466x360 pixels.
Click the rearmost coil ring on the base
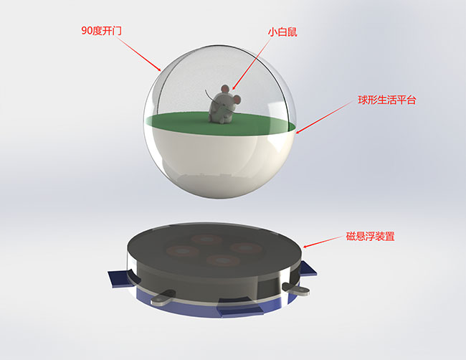point(207,239)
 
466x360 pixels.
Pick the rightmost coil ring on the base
point(246,247)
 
